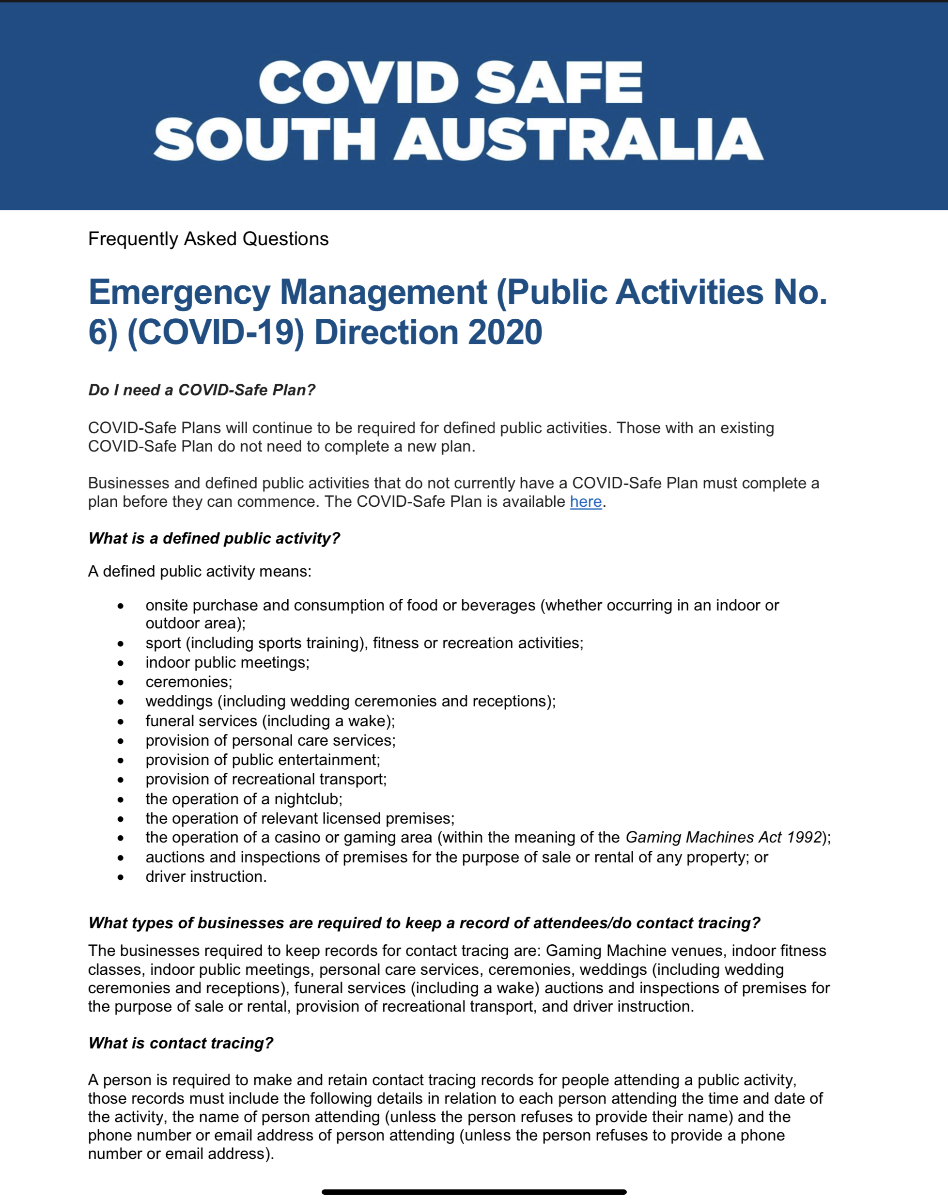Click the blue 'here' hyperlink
586,501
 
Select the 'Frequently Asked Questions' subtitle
208,239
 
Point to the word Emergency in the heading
179,292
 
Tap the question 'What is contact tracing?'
181,1043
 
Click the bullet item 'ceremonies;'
189,682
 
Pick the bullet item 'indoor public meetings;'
228,662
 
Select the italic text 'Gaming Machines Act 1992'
723,837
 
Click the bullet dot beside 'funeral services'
121,722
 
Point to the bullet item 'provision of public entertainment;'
263,760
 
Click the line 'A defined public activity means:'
200,571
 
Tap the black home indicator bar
474,1192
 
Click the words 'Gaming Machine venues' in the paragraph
635,951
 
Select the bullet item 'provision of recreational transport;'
266,780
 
